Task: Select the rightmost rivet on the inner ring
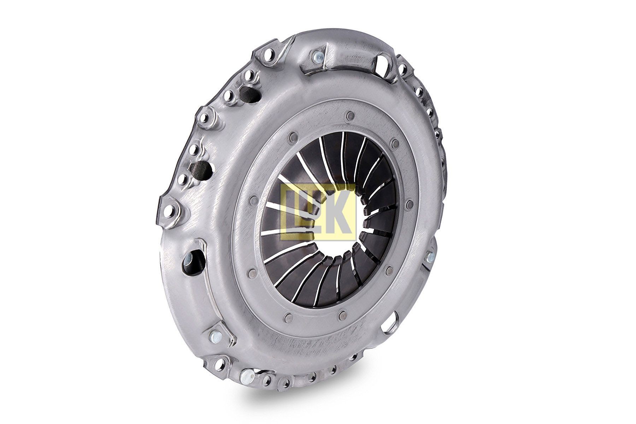pyautogui.click(x=410, y=204)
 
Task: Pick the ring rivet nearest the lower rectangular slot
pyautogui.click(x=389, y=271)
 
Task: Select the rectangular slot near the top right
pyautogui.click(x=383, y=64)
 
